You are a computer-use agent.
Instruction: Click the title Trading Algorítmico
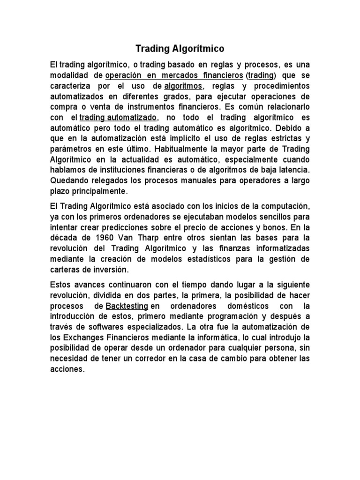(x=180, y=48)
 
